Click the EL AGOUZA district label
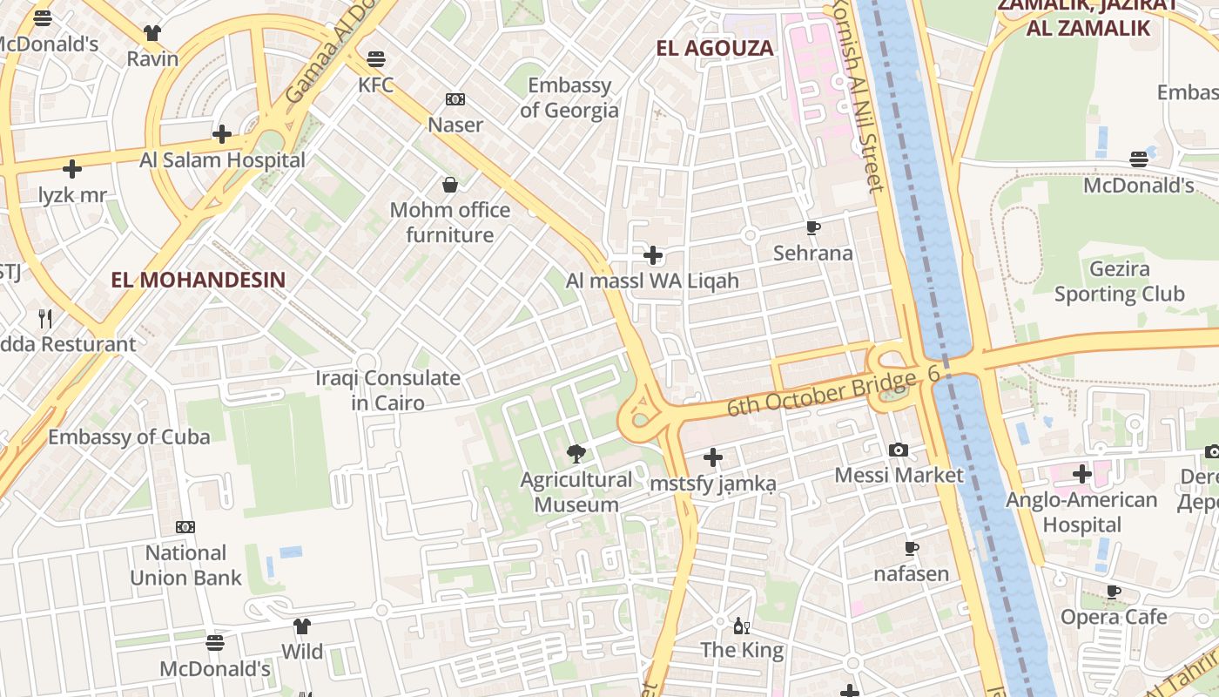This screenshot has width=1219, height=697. pyautogui.click(x=715, y=48)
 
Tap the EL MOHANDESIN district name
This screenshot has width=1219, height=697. pyautogui.click(x=199, y=280)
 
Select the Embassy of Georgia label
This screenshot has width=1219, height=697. pyautogui.click(x=569, y=98)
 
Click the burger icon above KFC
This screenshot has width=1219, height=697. pyautogui.click(x=376, y=59)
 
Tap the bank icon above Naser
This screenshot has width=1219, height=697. pyautogui.click(x=455, y=99)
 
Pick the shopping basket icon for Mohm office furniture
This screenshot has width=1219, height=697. pyautogui.click(x=450, y=185)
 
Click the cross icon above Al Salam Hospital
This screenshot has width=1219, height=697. pyautogui.click(x=222, y=134)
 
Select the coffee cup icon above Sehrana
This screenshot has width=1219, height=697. pyautogui.click(x=813, y=228)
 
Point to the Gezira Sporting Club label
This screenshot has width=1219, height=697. pyautogui.click(x=1119, y=281)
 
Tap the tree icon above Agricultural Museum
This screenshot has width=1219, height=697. pyautogui.click(x=576, y=453)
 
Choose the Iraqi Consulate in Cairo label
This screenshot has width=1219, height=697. pyautogui.click(x=387, y=390)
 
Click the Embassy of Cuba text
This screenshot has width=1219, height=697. pyautogui.click(x=129, y=436)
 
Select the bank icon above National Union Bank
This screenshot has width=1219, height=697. pyautogui.click(x=185, y=527)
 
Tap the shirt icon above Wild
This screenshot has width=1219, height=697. pyautogui.click(x=302, y=626)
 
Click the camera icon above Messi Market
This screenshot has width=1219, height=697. pyautogui.click(x=899, y=450)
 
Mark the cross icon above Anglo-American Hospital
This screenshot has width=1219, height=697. pyautogui.click(x=1082, y=474)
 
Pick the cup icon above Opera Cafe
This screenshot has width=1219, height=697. pyautogui.click(x=1114, y=592)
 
